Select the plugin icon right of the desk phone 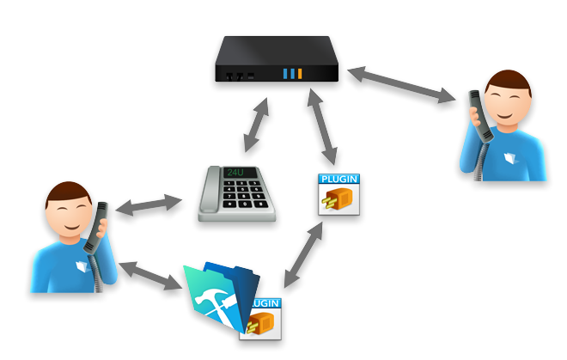pyautogui.click(x=338, y=194)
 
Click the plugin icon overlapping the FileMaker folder pyautogui.click(x=263, y=319)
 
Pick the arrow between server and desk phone pyautogui.click(x=256, y=125)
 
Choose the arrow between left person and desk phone pyautogui.click(x=150, y=207)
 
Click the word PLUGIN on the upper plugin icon pyautogui.click(x=338, y=179)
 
